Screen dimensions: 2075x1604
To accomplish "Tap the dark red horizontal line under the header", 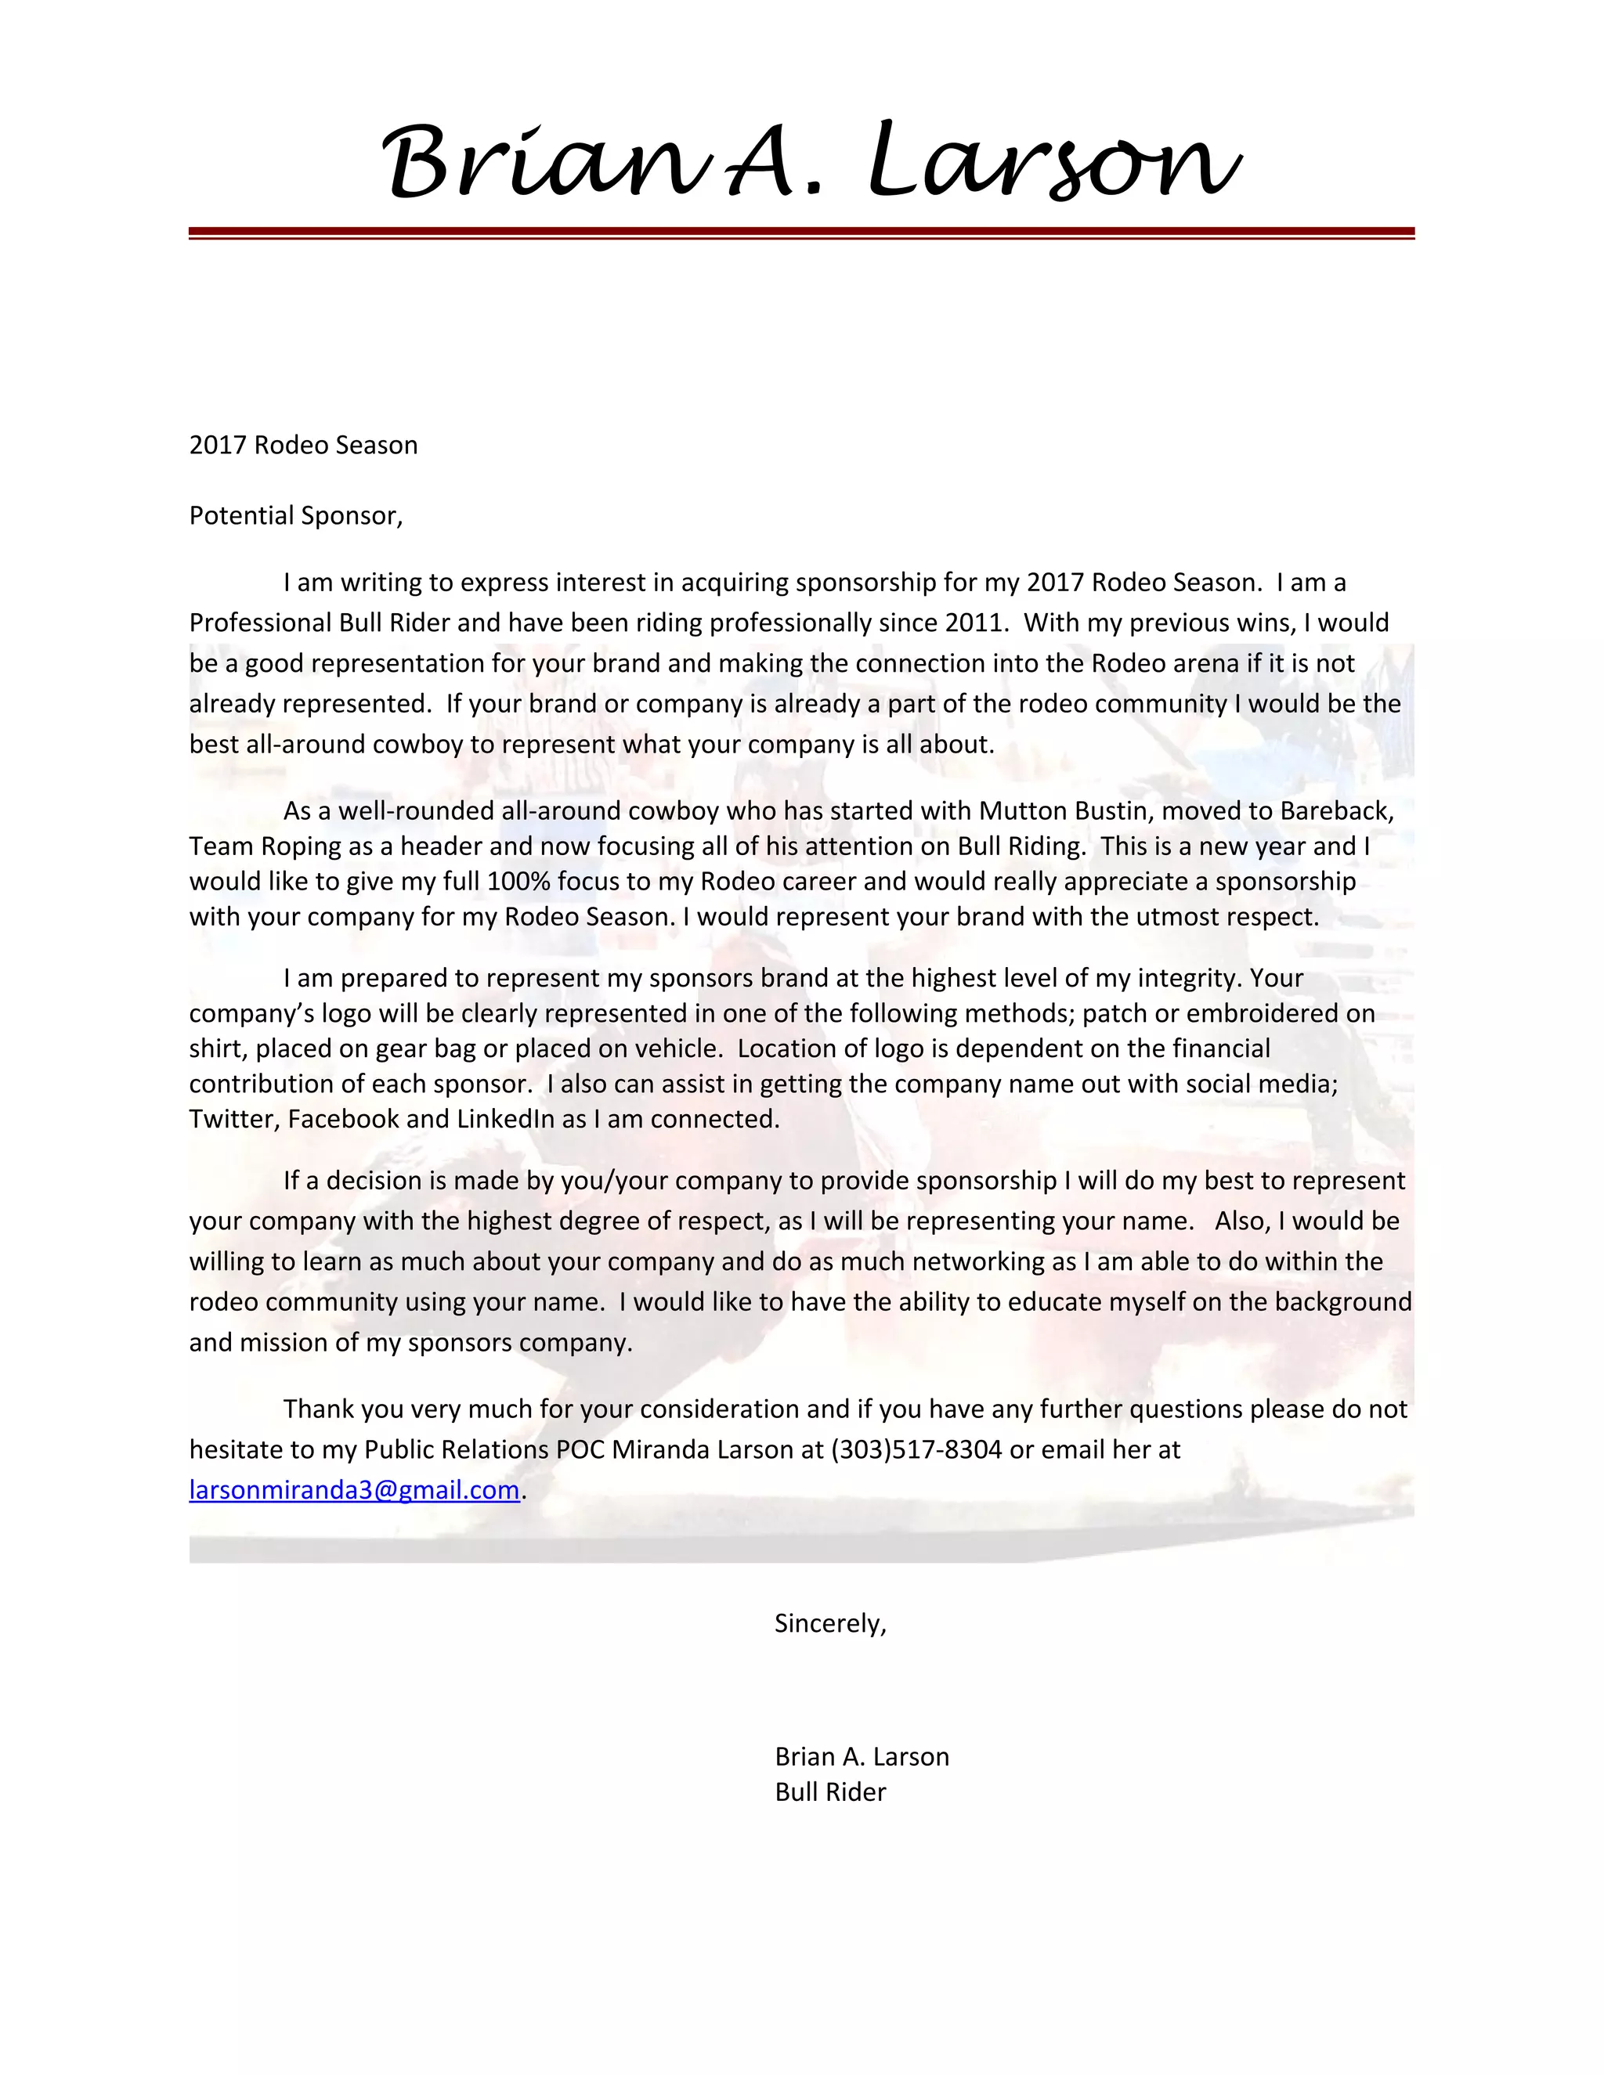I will [801, 232].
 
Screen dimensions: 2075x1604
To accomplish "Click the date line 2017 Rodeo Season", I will [303, 446].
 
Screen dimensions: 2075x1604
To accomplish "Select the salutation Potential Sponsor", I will [295, 516].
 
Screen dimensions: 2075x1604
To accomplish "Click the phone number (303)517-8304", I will [916, 1450].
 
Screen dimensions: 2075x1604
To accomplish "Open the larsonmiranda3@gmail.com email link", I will [355, 1490].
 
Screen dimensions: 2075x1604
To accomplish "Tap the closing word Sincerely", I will [829, 1624].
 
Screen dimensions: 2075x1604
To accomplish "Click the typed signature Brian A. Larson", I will [862, 1757].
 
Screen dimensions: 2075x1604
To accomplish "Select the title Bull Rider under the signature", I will [829, 1793].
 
